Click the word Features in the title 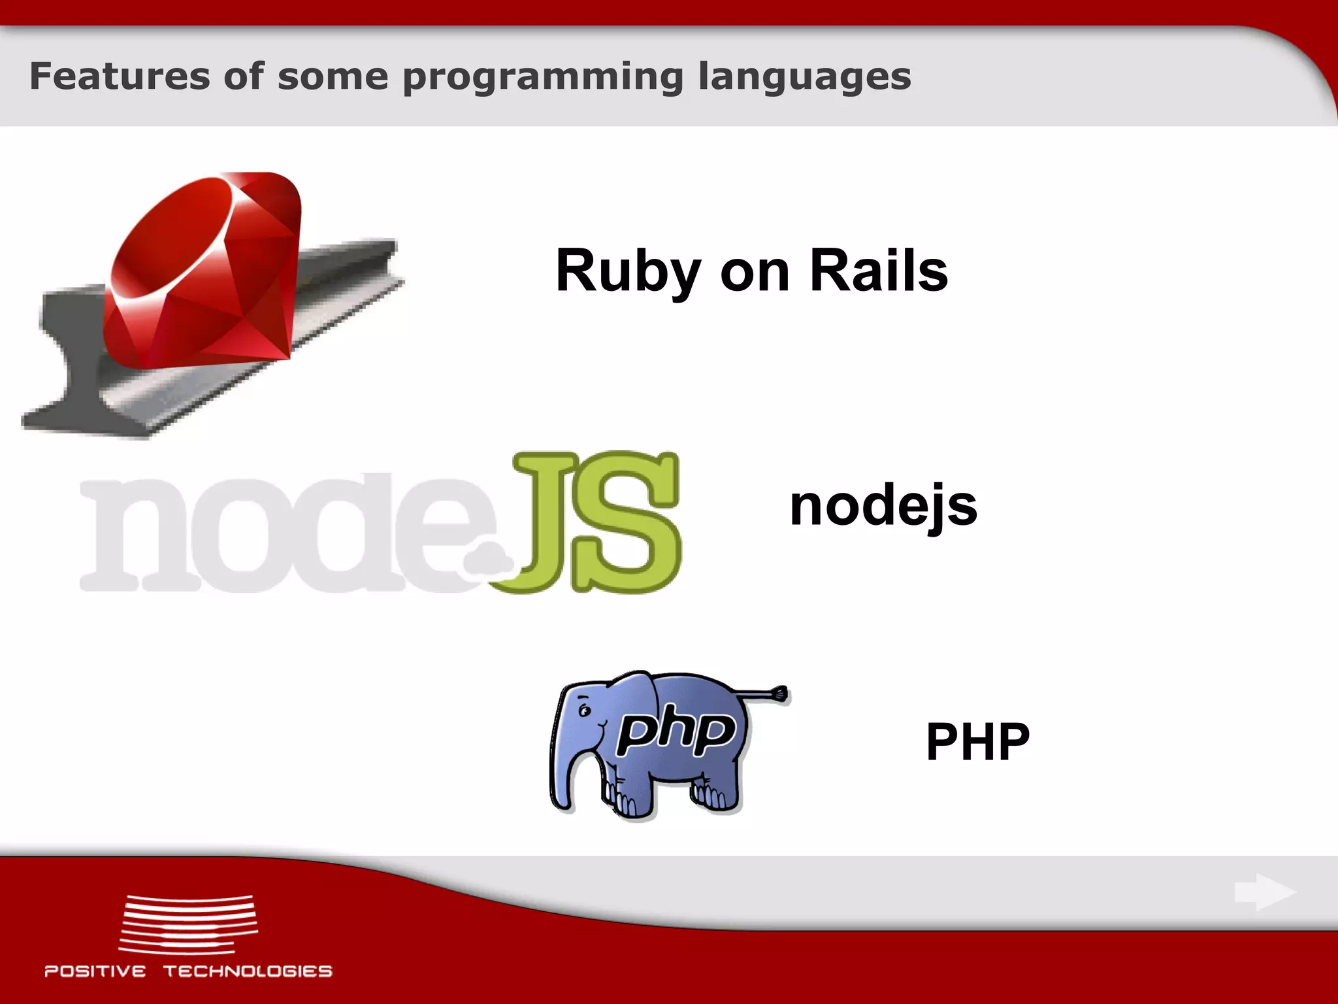pyautogui.click(x=120, y=76)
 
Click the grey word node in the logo pyautogui.click(x=274, y=533)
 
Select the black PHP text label pyautogui.click(x=978, y=742)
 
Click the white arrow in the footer pyautogui.click(x=1264, y=892)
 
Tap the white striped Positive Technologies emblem pyautogui.click(x=188, y=924)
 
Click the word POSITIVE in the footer pyautogui.click(x=95, y=971)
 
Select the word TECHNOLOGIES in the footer pyautogui.click(x=248, y=971)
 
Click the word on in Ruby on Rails pyautogui.click(x=755, y=271)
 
